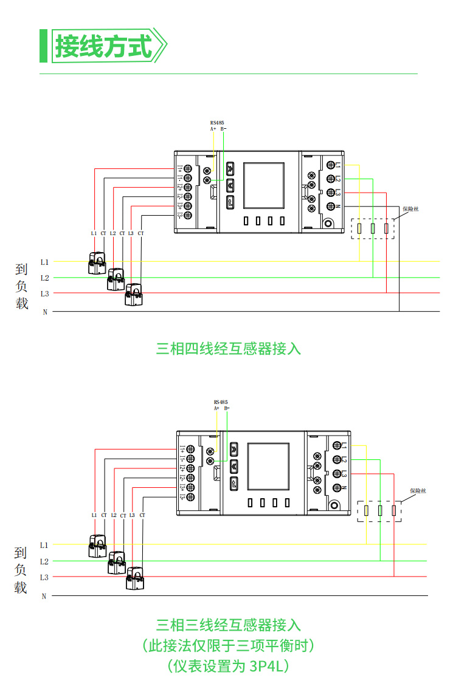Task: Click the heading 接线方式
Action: tap(103, 46)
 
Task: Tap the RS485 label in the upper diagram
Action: tap(217, 122)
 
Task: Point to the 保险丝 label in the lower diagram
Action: tap(418, 490)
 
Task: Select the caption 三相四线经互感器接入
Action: tap(228, 349)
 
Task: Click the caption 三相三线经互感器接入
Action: tap(228, 625)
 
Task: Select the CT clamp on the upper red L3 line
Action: tap(134, 295)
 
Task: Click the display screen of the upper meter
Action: tap(264, 186)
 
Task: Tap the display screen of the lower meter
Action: tap(268, 467)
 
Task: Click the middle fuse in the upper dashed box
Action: tap(372, 229)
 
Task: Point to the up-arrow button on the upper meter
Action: tap(230, 168)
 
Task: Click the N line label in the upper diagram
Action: tap(44, 312)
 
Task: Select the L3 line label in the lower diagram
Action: tap(44, 577)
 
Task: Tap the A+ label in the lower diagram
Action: tap(216, 408)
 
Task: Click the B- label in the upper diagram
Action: tap(223, 129)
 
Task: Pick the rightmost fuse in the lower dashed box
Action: tap(394, 510)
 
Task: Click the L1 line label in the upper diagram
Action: tap(44, 262)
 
